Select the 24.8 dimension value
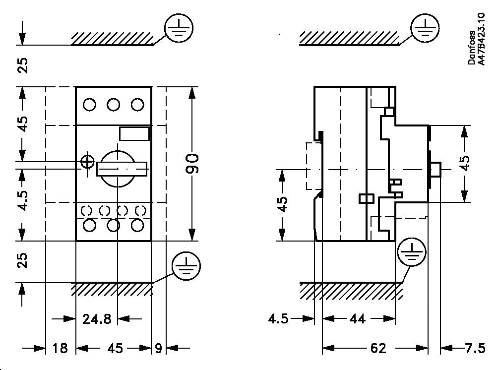[97, 319]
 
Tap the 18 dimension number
[60, 349]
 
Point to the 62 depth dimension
[378, 349]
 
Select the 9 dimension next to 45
[158, 349]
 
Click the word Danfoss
[472, 48]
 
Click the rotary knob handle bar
[123, 169]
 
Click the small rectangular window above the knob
[134, 133]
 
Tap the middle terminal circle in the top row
[114, 105]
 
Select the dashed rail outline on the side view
[312, 166]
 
